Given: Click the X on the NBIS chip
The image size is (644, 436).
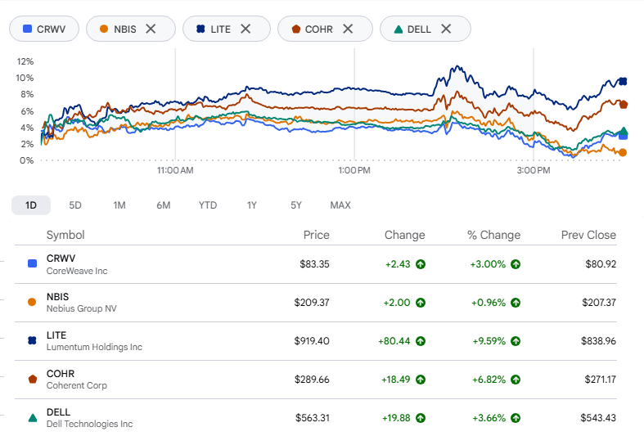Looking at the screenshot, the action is point(151,29).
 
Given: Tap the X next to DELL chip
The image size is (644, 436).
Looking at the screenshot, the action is point(446,29).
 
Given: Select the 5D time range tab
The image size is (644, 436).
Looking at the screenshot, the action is point(75,205).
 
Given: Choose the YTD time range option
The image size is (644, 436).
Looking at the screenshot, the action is point(208,205).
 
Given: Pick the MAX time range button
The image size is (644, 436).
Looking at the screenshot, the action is point(340,205).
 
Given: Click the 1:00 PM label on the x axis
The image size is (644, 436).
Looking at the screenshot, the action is point(354,170).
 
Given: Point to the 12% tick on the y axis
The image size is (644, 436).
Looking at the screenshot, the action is point(25,61).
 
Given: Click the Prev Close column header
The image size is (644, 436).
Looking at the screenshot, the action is point(588,235).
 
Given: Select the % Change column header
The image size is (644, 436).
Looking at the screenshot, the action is point(493,235).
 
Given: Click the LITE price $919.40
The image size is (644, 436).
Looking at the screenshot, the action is point(312,341).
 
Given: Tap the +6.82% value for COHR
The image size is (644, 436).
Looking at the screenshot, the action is point(489,380).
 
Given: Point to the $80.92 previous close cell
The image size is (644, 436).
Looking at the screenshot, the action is point(601,264).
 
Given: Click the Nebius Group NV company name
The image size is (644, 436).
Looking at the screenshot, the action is point(82,308).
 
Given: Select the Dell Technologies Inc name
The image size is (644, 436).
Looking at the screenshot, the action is point(89,424).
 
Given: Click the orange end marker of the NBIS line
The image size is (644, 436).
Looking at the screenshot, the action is point(623,153).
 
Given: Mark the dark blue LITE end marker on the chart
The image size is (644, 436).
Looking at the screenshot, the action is point(623,81).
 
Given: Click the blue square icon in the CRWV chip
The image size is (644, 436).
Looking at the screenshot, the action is point(28,29).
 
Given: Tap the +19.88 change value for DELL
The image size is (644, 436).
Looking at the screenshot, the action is point(396,418).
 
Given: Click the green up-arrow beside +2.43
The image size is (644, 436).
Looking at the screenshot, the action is point(421,264).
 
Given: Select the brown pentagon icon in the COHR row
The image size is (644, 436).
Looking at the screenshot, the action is point(33,379).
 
